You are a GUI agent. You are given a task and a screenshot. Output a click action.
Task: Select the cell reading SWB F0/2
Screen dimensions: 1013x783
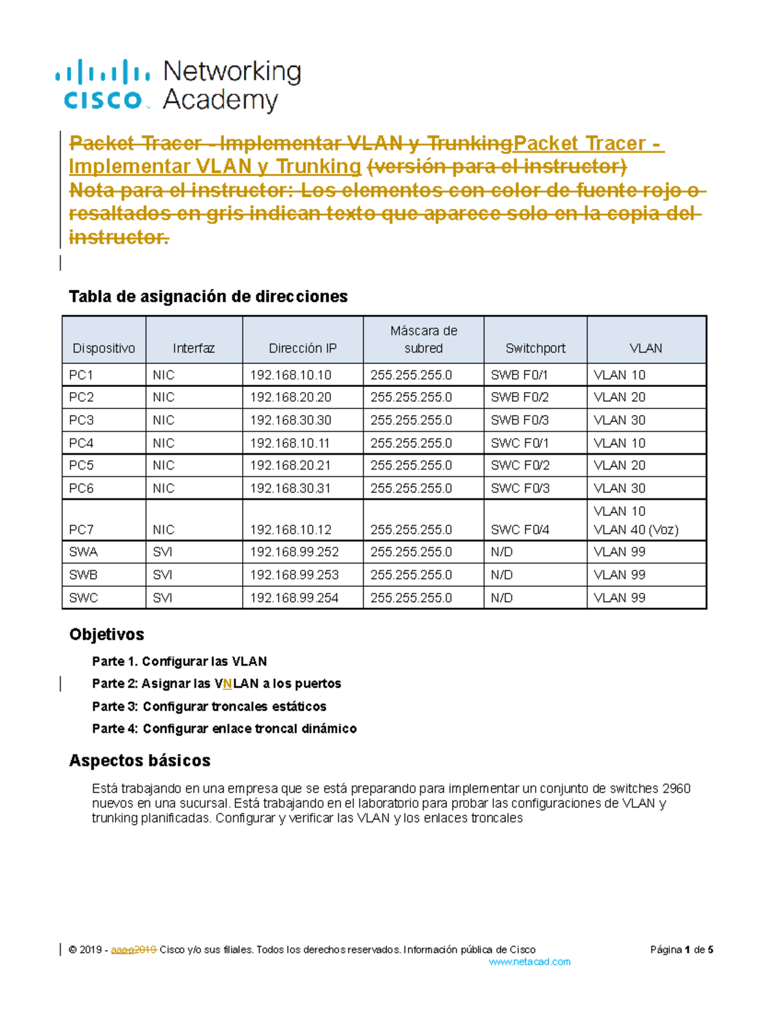tap(519, 397)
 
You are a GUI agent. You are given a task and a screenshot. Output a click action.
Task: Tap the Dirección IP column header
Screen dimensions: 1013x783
tap(303, 348)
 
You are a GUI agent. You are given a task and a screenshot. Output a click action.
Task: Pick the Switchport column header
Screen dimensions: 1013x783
tap(535, 348)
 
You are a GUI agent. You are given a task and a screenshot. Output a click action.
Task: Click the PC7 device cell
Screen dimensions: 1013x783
tap(81, 530)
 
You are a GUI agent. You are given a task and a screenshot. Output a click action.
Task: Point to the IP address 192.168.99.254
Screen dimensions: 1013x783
tap(294, 597)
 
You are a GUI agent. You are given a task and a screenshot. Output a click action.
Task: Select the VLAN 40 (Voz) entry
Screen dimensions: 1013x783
tap(636, 530)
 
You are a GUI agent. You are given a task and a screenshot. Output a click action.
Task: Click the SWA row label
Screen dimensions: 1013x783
tap(83, 552)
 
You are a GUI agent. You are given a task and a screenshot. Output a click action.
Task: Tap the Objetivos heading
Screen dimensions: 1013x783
tap(106, 634)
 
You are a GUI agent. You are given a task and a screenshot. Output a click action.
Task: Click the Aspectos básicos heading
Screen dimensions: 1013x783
tap(140, 761)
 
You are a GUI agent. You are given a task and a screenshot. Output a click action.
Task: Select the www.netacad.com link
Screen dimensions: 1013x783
tap(529, 961)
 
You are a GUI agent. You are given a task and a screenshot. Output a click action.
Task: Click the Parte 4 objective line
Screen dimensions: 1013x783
tap(224, 729)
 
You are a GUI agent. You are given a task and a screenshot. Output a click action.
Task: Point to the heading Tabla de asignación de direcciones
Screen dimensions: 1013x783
tap(207, 297)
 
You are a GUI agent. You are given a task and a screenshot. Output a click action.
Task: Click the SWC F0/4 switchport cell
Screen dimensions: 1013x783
tap(519, 530)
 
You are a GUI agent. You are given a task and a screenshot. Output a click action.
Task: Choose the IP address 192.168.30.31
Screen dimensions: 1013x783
tap(290, 489)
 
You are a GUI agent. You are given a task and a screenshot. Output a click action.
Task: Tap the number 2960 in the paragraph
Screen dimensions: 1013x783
tap(676, 789)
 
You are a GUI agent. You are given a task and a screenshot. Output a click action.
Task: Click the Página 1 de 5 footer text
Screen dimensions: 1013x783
tap(681, 950)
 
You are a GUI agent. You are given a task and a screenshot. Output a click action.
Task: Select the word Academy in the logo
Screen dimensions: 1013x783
tap(220, 100)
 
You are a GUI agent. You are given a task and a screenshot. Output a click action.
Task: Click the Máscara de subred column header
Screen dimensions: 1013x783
tap(423, 339)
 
